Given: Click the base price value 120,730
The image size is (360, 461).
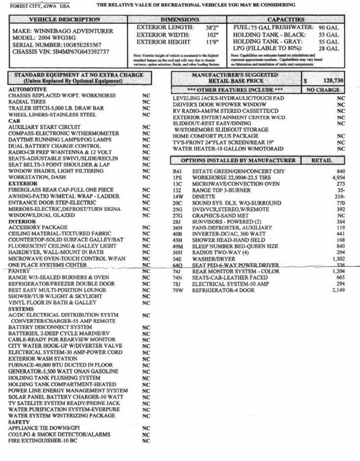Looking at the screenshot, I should [x=333, y=81].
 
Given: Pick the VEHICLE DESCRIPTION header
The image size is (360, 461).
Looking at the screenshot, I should [x=64, y=20].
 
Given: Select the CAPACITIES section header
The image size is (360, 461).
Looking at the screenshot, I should [x=286, y=20].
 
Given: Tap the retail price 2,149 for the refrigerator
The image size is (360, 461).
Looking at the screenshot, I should [x=339, y=290].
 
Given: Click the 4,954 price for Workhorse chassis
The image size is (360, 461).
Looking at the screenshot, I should [x=339, y=178].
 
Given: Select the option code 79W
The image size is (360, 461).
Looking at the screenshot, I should [x=178, y=291].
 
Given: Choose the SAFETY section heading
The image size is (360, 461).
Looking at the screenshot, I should [x=19, y=422].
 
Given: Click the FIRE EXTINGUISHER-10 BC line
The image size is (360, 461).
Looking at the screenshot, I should [x=43, y=441].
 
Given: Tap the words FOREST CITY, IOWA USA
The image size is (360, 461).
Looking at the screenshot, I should [x=40, y=6].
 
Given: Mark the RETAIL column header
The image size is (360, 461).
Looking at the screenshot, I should [x=321, y=161].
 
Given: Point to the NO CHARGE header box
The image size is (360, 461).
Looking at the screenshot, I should [x=323, y=90].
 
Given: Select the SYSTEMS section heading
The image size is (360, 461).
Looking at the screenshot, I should [x=21, y=309].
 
